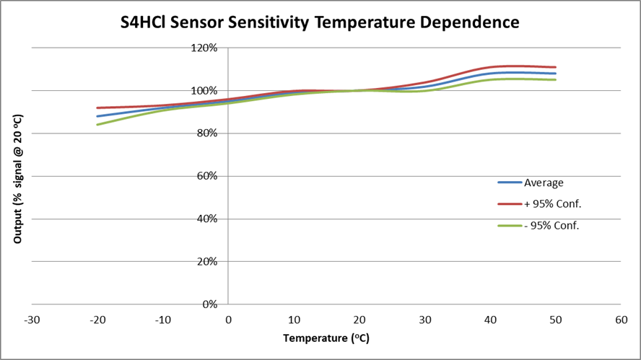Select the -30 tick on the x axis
(32, 320)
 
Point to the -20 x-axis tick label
(97, 320)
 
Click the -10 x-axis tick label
(162, 320)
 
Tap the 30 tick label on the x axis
(425, 320)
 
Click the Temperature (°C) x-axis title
(326, 338)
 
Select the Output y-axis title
(17, 178)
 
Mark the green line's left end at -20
(97, 125)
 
